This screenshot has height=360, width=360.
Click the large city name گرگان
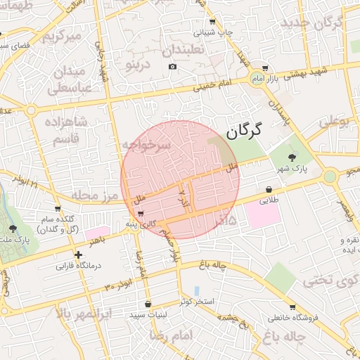tap(243, 130)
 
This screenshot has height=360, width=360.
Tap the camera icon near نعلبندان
tap(173, 67)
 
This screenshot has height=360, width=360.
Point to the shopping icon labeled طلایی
tap(269, 189)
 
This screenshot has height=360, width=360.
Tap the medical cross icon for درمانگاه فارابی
tap(78, 255)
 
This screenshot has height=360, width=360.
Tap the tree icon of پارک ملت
tap(12, 229)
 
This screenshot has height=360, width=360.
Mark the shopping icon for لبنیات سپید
tap(148, 304)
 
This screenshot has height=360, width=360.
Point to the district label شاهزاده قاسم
tap(67, 131)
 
